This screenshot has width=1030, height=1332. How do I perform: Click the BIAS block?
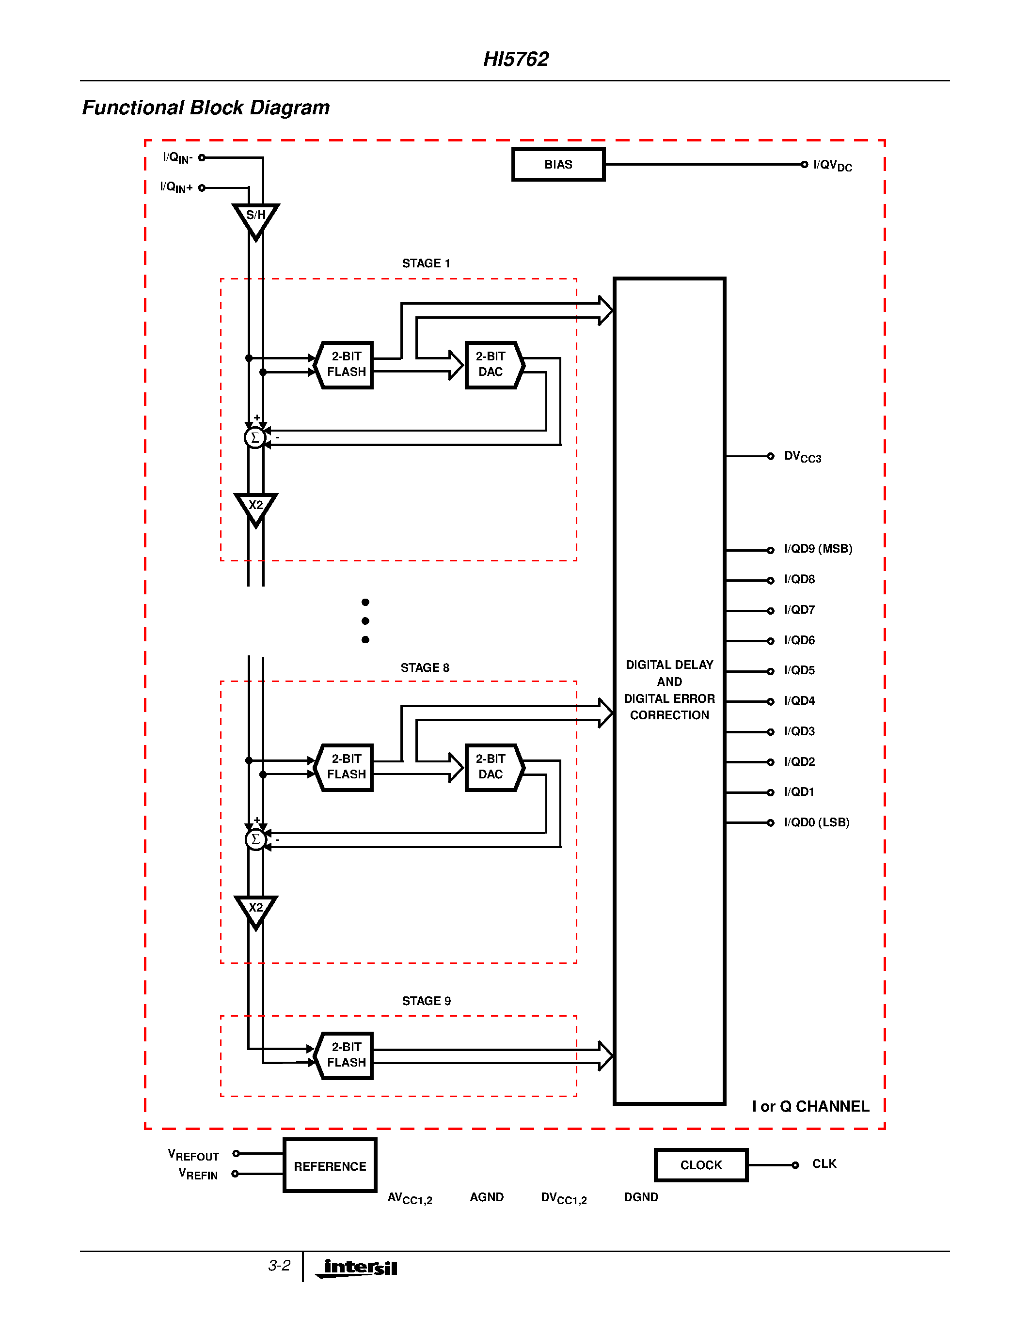558,165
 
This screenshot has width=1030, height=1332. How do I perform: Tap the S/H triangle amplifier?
255,218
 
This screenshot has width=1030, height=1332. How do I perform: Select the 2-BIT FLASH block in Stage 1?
346,365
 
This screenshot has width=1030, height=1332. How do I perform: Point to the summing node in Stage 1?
255,437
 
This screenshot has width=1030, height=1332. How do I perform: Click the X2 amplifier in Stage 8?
255,909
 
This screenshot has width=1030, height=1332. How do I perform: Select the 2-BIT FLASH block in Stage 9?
346,1055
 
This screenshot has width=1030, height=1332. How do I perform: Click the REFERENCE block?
330,1165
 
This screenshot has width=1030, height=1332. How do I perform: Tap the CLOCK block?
700,1165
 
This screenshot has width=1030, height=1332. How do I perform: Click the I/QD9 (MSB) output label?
818,549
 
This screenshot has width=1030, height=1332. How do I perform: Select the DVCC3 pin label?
802,457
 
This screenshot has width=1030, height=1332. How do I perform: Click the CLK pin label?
824,1163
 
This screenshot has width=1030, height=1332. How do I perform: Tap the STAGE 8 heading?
425,668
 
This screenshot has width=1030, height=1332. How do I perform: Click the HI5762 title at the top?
516,59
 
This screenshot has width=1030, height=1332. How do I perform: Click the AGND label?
486,1197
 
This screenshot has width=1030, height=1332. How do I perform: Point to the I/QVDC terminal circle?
804,164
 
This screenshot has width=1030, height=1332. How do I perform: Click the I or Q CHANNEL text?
810,1106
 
